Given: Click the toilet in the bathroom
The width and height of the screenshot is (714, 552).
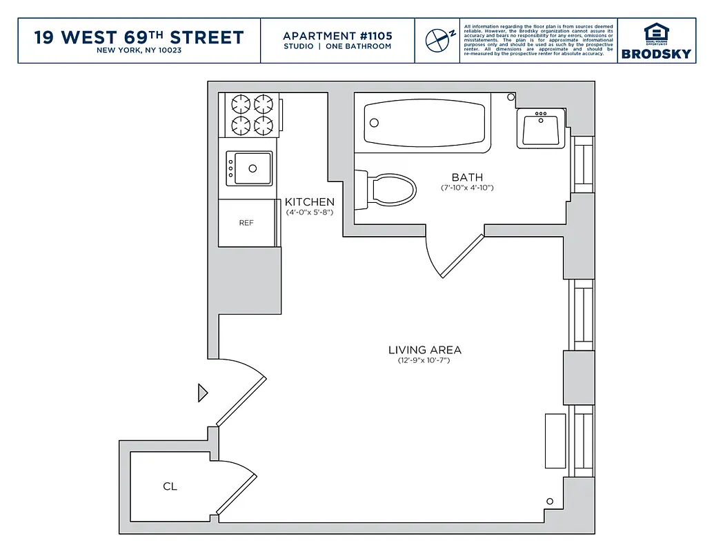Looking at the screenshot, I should click(x=390, y=188).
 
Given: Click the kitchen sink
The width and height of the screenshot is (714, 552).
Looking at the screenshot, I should click(x=249, y=168).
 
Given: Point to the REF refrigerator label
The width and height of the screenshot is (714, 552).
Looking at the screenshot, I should click(x=246, y=223).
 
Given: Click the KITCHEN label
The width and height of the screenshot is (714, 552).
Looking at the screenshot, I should click(x=310, y=202).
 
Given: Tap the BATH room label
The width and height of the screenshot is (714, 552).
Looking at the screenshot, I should click(x=467, y=177).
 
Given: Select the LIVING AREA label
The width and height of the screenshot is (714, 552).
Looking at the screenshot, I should click(x=424, y=350).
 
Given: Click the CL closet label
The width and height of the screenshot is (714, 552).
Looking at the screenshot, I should click(x=170, y=486).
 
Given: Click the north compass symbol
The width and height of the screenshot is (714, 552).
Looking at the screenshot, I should click(x=437, y=40).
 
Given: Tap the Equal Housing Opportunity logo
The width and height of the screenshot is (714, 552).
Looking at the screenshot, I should click(x=655, y=34).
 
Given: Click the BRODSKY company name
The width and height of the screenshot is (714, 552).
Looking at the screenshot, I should click(x=655, y=54).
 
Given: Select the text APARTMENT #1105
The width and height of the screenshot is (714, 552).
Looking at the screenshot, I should click(x=337, y=35).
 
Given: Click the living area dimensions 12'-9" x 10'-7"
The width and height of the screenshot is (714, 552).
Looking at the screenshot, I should click(x=424, y=361).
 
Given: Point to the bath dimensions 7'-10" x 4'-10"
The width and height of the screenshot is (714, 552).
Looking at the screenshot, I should click(x=467, y=188).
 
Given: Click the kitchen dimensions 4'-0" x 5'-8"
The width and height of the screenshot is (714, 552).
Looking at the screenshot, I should click(x=310, y=213).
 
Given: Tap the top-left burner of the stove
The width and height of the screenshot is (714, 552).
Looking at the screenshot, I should click(x=240, y=104).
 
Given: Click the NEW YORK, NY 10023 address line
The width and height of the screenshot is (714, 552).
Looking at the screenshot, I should click(x=139, y=50).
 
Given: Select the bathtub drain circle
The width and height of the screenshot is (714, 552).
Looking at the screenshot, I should click(x=375, y=123).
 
